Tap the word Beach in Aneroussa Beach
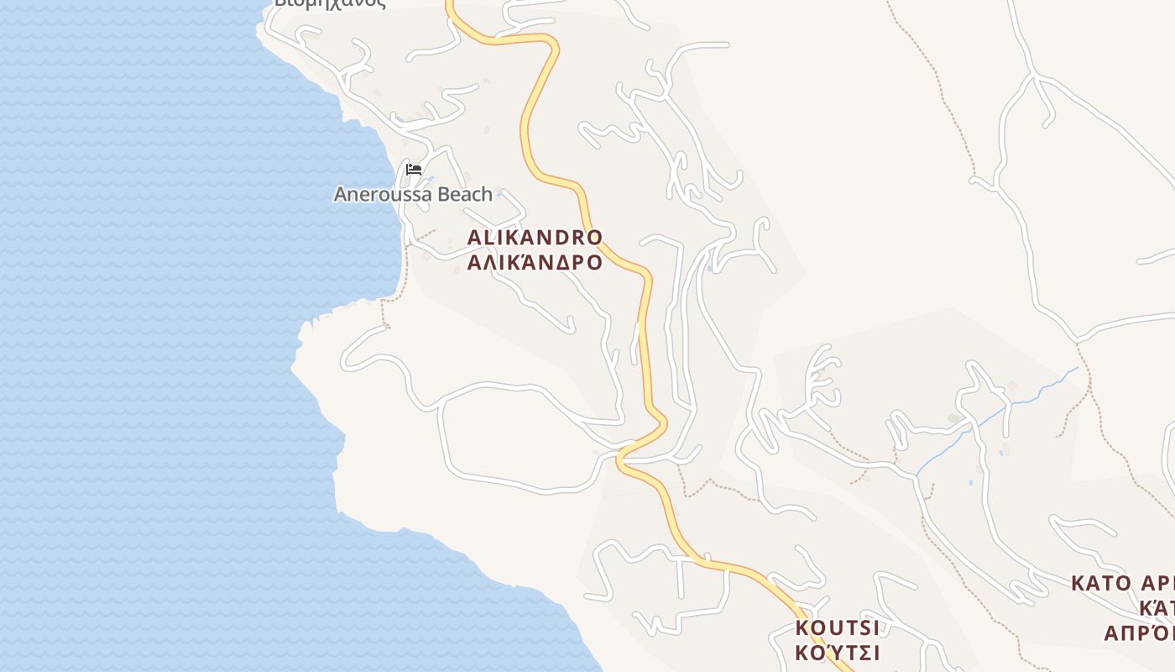462,194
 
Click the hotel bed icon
413,170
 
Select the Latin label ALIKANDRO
535,237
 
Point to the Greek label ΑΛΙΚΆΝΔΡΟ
535,262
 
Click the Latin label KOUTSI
837,628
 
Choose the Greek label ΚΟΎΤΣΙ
837,653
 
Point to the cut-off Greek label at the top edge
330,3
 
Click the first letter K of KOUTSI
802,628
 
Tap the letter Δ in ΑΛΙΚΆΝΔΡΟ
558,262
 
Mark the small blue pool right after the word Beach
499,195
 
